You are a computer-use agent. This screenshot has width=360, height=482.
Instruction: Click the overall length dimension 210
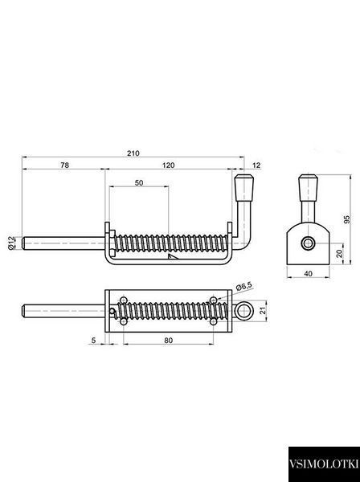pyautogui.click(x=133, y=153)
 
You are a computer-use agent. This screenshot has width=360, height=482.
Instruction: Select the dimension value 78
pyautogui.click(x=64, y=165)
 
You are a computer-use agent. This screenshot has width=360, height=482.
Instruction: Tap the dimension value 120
pyautogui.click(x=169, y=165)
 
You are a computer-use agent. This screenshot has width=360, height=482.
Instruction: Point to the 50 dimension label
pyautogui.click(x=139, y=182)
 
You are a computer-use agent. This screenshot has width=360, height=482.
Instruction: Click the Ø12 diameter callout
pyautogui.click(x=10, y=243)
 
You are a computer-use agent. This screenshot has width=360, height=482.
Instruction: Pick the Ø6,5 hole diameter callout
pyautogui.click(x=244, y=287)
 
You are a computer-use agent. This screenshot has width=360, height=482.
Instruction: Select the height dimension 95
pyautogui.click(x=347, y=219)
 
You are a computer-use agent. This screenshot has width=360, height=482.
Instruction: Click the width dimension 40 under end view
pyautogui.click(x=308, y=273)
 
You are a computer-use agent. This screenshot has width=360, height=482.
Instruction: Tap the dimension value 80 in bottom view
pyautogui.click(x=169, y=341)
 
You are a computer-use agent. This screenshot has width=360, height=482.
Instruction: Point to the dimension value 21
pyautogui.click(x=262, y=310)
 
